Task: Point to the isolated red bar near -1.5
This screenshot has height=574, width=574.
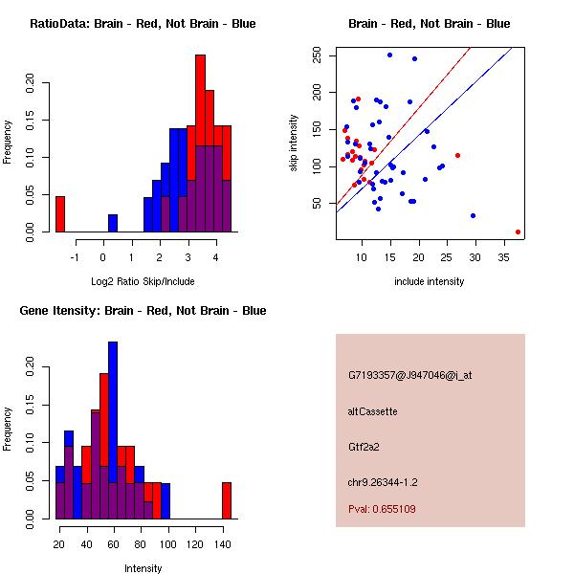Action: [60, 213]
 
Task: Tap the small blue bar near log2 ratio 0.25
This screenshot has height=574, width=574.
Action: [113, 223]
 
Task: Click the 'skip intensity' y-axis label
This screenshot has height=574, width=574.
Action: [296, 143]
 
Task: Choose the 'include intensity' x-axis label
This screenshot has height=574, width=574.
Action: [429, 282]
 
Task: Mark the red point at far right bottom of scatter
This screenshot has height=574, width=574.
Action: [518, 232]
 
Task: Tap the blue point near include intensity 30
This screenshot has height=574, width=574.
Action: [473, 215]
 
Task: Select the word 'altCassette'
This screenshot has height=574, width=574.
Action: [372, 411]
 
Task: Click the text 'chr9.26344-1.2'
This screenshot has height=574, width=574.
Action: [383, 482]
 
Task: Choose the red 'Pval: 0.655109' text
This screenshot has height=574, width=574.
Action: [382, 510]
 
